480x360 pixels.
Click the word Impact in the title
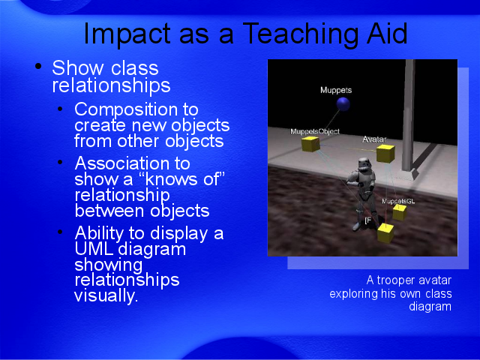(127, 34)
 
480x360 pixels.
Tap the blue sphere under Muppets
(343, 104)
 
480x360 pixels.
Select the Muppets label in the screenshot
(336, 90)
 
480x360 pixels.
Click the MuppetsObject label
(315, 131)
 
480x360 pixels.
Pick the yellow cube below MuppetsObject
(310, 144)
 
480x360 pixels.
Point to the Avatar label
(374, 139)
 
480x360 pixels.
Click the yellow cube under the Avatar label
(385, 153)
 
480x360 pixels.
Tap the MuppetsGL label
(398, 201)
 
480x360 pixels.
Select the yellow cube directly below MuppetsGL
(400, 212)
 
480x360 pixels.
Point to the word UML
(94, 249)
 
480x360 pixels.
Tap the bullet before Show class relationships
(38, 66)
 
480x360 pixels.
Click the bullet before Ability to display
(60, 232)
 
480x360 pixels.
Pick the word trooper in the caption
(396, 280)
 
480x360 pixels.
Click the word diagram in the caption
(430, 307)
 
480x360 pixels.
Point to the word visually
(106, 296)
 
